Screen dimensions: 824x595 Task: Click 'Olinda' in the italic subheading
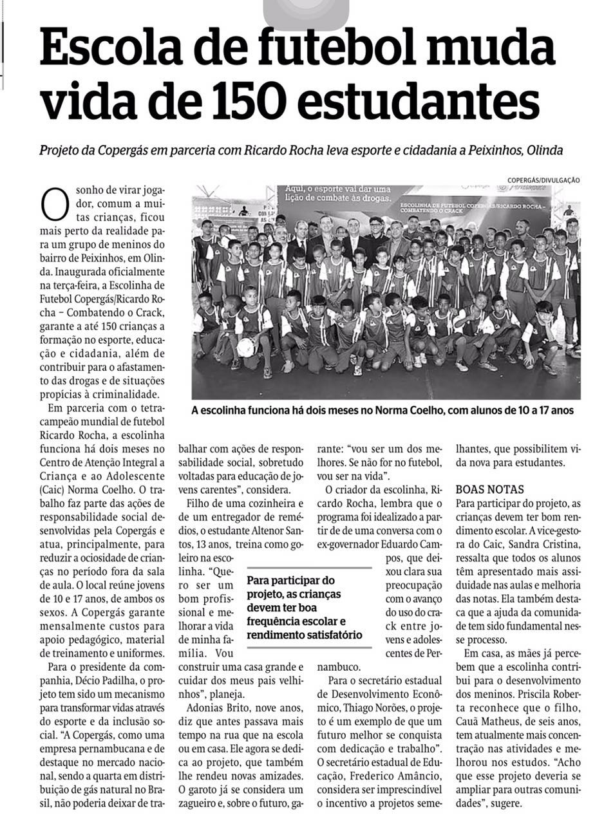[545, 150]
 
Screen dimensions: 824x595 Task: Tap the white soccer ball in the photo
[245, 348]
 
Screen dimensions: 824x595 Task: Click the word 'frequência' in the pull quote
[278, 621]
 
